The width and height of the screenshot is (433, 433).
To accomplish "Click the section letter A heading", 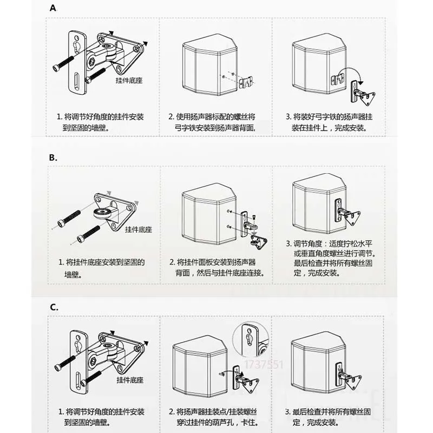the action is coord(53,8).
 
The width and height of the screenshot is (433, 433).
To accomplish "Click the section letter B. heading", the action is coord(53,158).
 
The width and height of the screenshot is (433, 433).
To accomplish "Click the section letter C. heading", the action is coord(54,307).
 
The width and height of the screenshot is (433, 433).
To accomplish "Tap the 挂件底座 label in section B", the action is coord(138,229).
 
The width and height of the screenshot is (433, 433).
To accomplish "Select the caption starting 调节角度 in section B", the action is coord(330,258).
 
